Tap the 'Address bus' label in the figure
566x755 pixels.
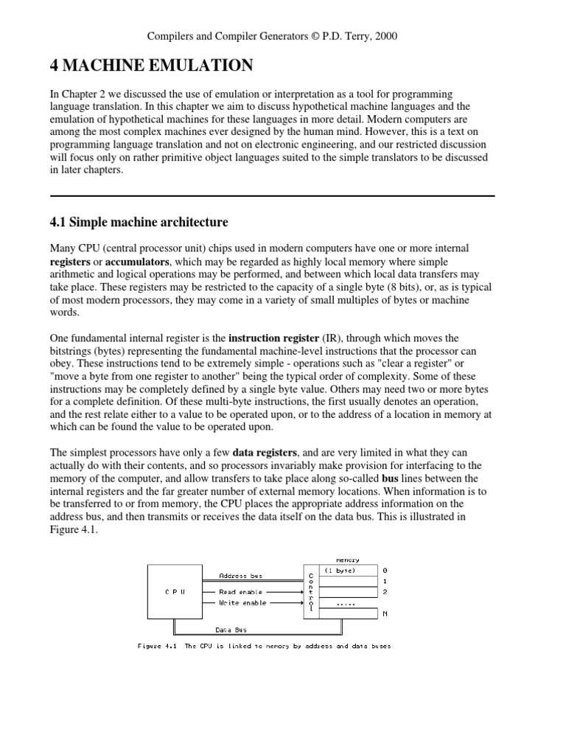240,575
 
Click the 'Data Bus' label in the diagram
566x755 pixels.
231,630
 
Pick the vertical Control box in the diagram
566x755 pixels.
311,591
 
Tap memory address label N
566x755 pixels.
386,613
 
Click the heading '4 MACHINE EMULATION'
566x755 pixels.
151,67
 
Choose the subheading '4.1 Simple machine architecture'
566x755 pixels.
139,222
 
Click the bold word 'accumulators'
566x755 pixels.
138,262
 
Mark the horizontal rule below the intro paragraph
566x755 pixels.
272,195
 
